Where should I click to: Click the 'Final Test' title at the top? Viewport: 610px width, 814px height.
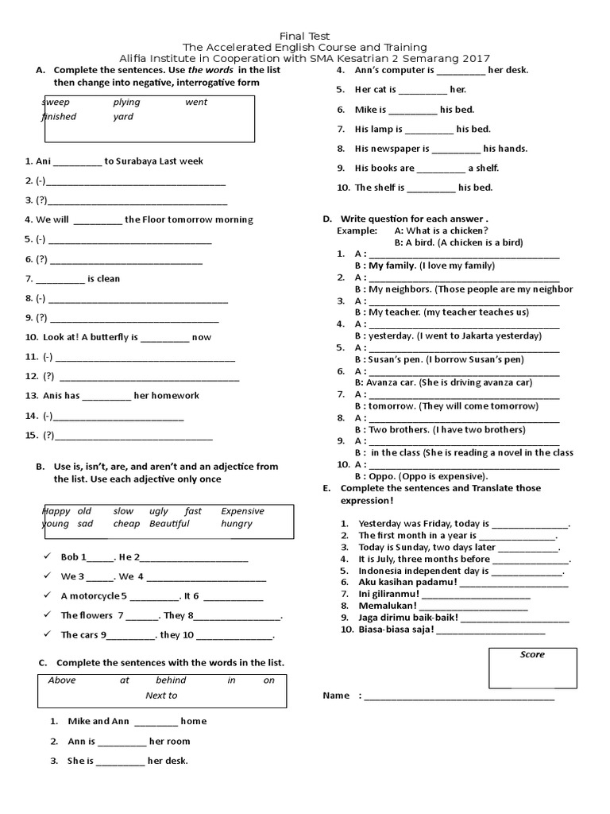[x=305, y=36]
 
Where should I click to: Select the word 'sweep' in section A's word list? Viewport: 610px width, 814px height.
[x=56, y=102]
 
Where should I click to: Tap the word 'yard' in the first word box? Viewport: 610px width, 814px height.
[x=123, y=116]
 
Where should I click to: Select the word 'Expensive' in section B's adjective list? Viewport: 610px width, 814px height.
[x=242, y=511]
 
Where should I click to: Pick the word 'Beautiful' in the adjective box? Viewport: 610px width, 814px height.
[x=169, y=524]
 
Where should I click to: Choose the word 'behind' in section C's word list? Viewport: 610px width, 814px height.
[x=171, y=680]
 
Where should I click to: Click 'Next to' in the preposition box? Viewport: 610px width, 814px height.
[x=161, y=696]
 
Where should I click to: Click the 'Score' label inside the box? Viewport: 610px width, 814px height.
[x=532, y=655]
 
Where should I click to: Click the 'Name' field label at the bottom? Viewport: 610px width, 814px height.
[x=336, y=696]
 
